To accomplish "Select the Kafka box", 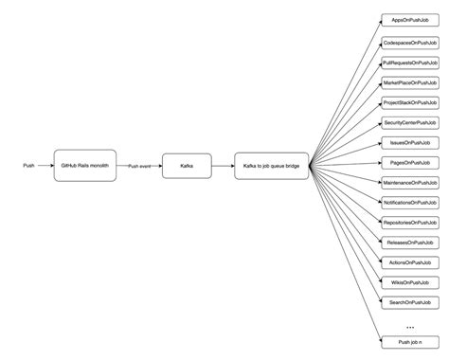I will (x=186, y=166).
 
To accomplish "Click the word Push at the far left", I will (x=29, y=166).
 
